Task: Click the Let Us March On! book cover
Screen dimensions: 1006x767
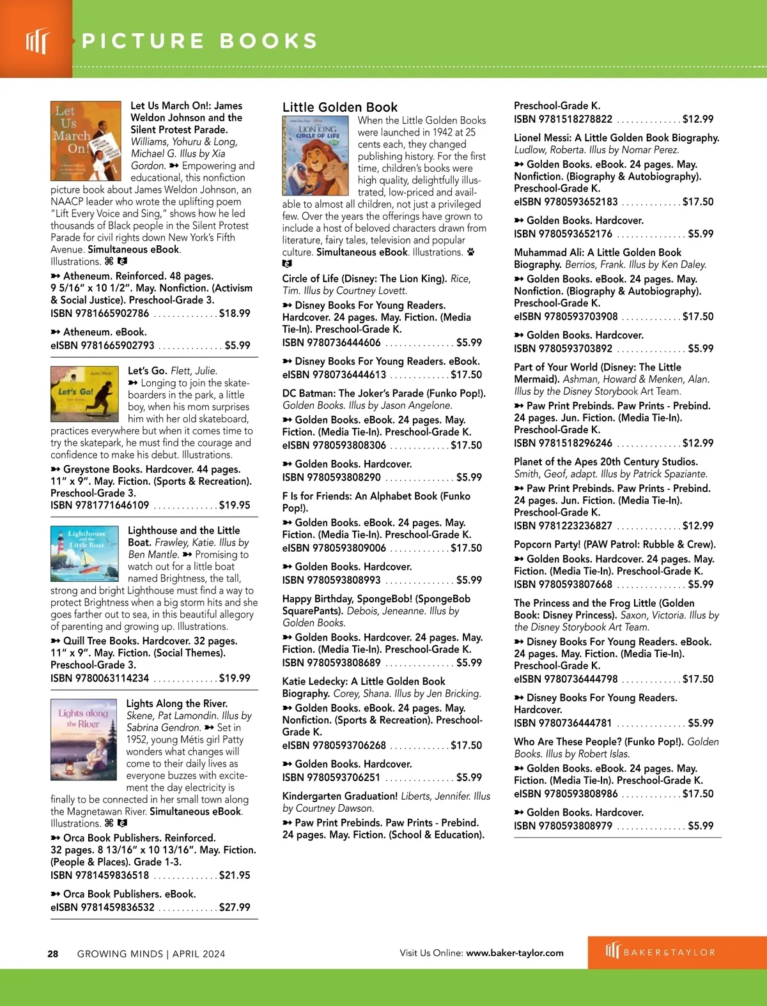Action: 86,141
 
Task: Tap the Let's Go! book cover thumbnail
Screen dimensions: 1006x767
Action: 84,395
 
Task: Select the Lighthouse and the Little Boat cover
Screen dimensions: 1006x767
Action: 84,553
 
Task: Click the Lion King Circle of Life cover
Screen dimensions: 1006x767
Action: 315,156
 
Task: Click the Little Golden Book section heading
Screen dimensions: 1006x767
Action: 340,107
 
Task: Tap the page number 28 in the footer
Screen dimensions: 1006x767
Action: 53,954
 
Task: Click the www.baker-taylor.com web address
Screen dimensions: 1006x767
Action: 515,953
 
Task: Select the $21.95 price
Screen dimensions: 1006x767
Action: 235,875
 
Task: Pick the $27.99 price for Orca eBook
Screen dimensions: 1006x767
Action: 235,907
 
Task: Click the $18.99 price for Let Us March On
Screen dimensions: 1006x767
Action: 235,313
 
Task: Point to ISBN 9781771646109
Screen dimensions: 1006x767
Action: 100,505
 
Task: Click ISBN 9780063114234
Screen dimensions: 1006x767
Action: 100,678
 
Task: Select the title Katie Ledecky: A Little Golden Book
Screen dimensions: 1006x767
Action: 364,682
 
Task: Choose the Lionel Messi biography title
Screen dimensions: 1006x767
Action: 616,138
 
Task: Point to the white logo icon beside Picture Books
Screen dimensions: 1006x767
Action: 36,41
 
